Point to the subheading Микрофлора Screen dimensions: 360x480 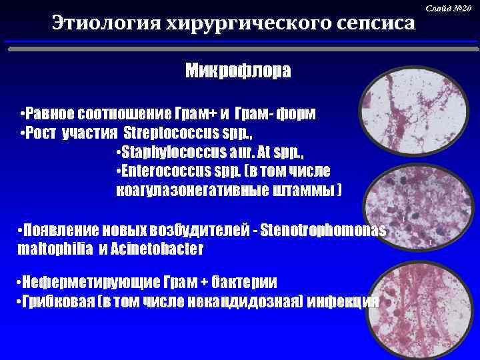tap(238, 71)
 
